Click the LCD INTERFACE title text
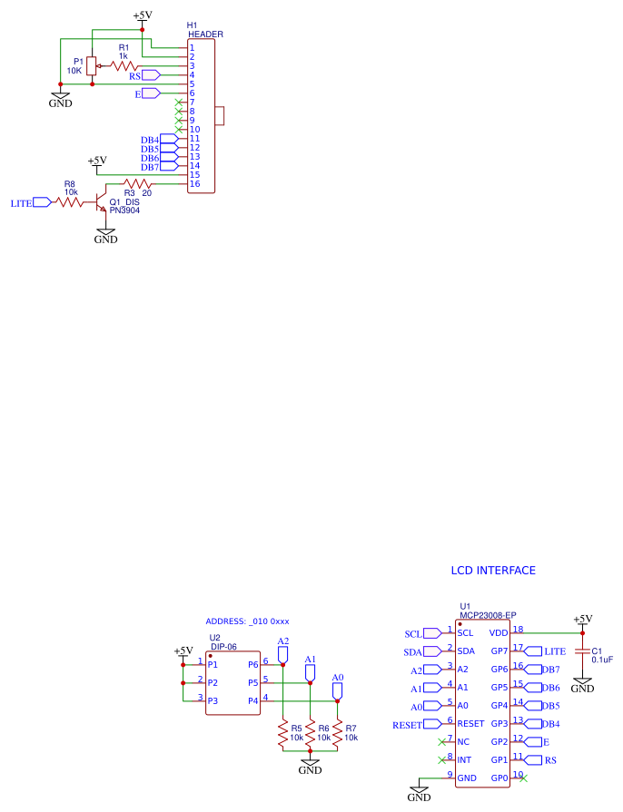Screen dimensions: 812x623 point(493,571)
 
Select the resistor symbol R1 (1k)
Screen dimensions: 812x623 point(124,65)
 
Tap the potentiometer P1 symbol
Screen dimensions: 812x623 point(92,65)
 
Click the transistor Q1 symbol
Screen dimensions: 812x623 point(102,203)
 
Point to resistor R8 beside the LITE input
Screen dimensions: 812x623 point(71,203)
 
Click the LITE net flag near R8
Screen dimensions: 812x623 point(44,203)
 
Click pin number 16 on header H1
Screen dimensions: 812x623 point(193,184)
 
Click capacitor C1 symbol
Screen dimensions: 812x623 point(582,651)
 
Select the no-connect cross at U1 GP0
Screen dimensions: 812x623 point(524,778)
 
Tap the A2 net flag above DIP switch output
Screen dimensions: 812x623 point(283,652)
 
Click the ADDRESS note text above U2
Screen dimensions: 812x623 point(247,621)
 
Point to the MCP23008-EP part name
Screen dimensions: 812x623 point(488,614)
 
